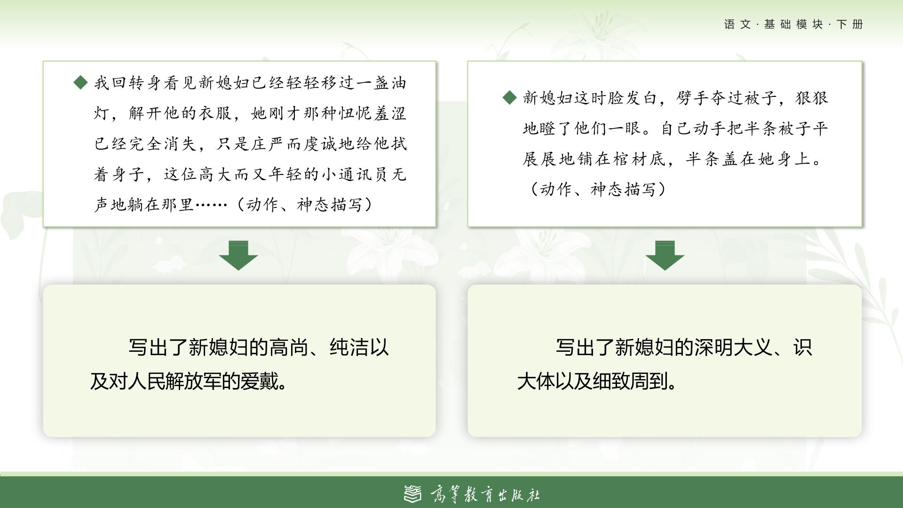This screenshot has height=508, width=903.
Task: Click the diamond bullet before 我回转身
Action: [81, 83]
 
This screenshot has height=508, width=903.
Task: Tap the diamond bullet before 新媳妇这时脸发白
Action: [510, 98]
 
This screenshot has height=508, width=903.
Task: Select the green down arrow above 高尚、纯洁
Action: [238, 255]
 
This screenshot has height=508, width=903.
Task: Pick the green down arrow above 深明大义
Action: [665, 255]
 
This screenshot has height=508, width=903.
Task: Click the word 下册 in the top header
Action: [850, 24]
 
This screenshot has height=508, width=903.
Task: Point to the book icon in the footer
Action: [413, 494]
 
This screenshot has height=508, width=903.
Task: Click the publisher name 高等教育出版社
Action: [485, 494]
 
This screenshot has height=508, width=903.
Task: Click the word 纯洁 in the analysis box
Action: [349, 348]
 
